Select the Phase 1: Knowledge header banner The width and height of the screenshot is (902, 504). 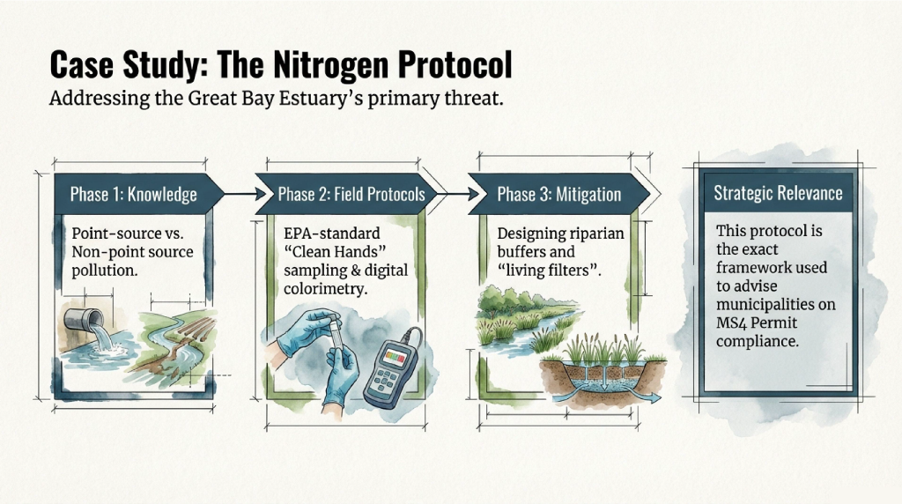click(x=138, y=194)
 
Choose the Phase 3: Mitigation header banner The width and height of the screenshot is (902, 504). click(x=558, y=194)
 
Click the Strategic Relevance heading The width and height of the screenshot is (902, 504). click(x=778, y=193)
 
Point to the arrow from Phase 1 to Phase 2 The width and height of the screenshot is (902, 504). click(x=245, y=194)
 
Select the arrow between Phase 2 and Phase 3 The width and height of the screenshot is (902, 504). click(x=458, y=194)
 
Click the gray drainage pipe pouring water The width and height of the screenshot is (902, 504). click(x=84, y=319)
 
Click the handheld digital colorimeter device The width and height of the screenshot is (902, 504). click(x=392, y=368)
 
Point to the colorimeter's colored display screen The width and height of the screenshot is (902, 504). click(x=395, y=357)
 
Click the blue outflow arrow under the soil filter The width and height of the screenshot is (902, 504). click(x=643, y=397)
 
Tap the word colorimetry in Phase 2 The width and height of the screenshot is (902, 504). click(x=325, y=289)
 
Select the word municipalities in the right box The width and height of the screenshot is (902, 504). click(x=775, y=305)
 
